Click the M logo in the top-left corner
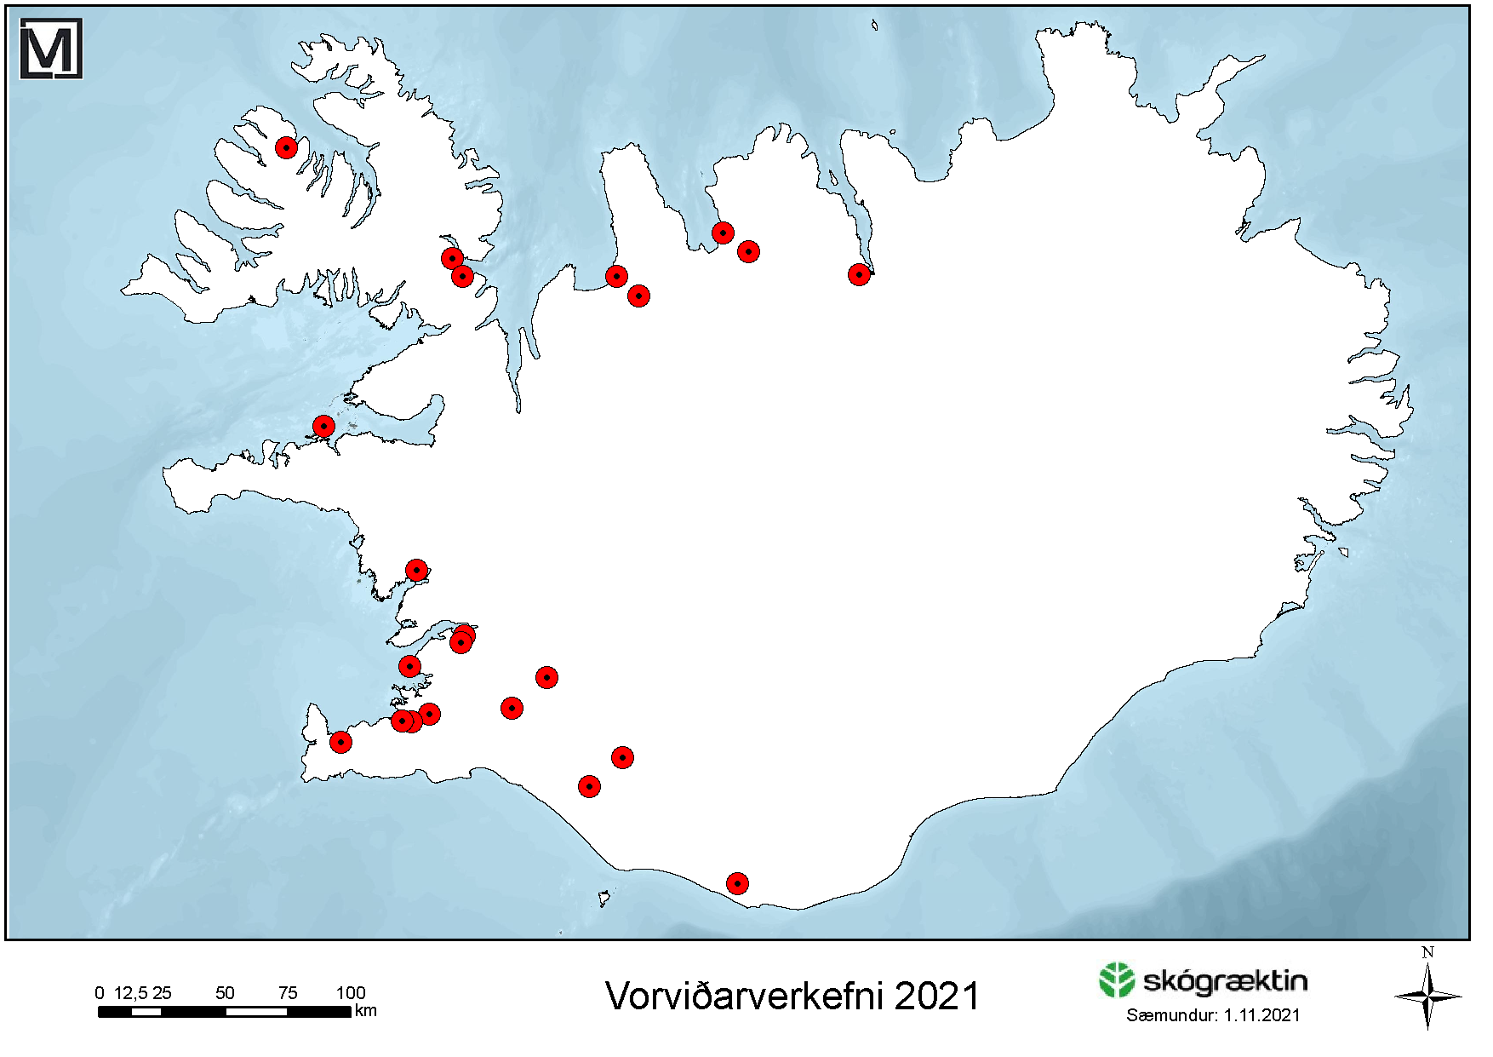(x=50, y=49)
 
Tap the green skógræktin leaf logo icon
(x=1116, y=980)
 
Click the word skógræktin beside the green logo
(x=1224, y=981)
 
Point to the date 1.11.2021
(x=1261, y=1015)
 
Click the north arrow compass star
(x=1427, y=996)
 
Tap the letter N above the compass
(x=1427, y=952)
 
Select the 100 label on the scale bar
(x=350, y=992)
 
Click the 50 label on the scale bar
(x=225, y=992)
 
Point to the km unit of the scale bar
(x=365, y=1011)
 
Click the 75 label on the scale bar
(x=288, y=992)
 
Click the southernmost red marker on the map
(x=737, y=883)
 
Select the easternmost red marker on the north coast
(x=859, y=274)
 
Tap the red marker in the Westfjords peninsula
(x=286, y=147)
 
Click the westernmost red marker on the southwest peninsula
(x=340, y=742)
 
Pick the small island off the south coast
(x=603, y=898)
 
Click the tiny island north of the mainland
(x=874, y=25)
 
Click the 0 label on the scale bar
(x=100, y=992)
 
